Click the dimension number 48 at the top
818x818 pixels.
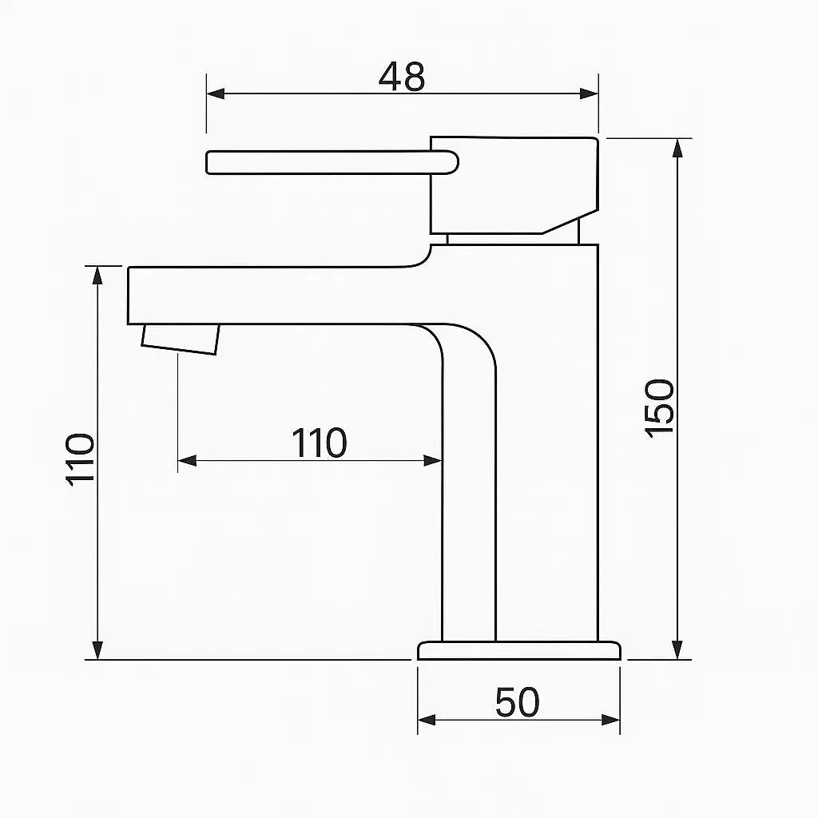click(x=402, y=77)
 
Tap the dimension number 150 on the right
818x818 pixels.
click(x=659, y=408)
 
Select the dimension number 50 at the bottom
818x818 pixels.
click(x=517, y=702)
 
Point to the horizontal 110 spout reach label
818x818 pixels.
click(x=319, y=443)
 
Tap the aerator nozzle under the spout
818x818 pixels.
click(x=180, y=339)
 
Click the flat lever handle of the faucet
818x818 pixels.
click(x=332, y=162)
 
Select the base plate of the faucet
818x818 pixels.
click(x=519, y=650)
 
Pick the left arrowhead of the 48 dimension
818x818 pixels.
click(x=216, y=94)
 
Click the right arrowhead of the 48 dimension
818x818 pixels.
click(x=589, y=94)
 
